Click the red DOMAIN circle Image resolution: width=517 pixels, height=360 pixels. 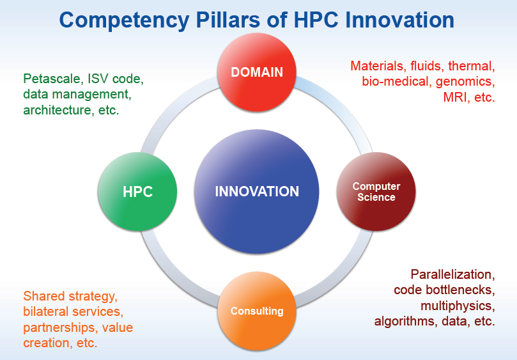pyautogui.click(x=257, y=72)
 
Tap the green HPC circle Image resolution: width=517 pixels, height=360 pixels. pyautogui.click(x=137, y=192)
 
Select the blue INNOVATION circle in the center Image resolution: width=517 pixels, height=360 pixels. pyautogui.click(x=257, y=192)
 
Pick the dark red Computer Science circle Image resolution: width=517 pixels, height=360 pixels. pyautogui.click(x=376, y=192)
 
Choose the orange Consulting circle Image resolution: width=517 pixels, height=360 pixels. pyautogui.click(x=257, y=311)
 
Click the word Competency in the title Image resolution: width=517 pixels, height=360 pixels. pyautogui.click(x=125, y=20)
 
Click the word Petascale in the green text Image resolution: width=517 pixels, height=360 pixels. pyautogui.click(x=52, y=79)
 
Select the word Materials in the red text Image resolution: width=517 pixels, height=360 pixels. pyautogui.click(x=377, y=66)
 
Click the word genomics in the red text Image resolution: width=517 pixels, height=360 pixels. pyautogui.click(x=465, y=82)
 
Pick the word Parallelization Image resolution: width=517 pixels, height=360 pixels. pyautogui.click(x=452, y=274)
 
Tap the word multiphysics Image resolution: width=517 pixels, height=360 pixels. pyautogui.click(x=458, y=306)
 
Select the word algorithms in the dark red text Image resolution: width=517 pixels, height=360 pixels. pyautogui.click(x=406, y=321)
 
